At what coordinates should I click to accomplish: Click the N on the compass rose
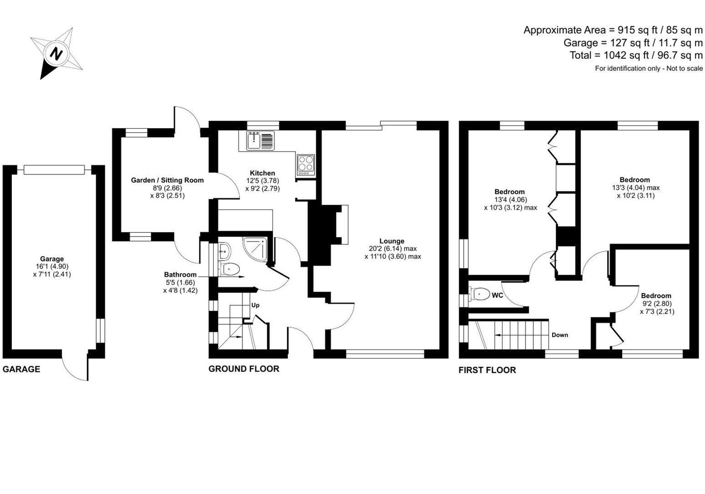point(56,54)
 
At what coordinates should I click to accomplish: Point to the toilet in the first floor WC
point(480,294)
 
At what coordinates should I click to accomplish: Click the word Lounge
point(392,241)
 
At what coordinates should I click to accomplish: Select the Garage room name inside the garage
point(52,259)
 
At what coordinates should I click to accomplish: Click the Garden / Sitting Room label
point(167,180)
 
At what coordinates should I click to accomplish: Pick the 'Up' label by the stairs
point(255,305)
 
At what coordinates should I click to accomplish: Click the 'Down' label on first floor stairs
point(559,335)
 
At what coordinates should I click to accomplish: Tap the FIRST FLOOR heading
point(487,370)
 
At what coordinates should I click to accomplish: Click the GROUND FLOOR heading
point(244,369)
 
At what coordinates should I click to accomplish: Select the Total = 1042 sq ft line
point(635,55)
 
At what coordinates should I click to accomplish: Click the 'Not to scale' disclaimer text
point(648,69)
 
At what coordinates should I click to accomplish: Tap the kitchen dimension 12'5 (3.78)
point(262,181)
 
